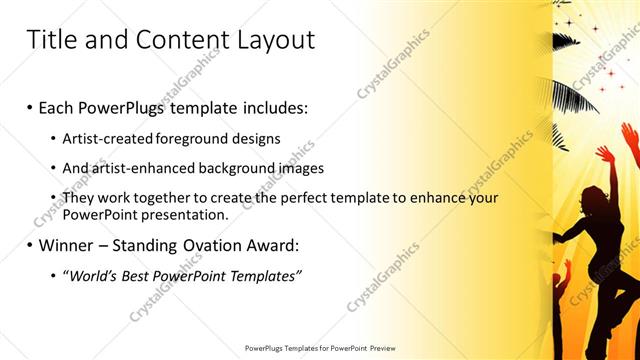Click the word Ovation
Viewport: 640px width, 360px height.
[x=207, y=244]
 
